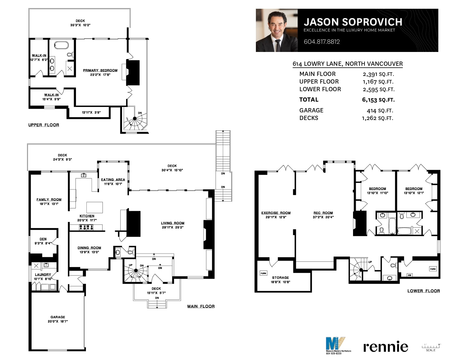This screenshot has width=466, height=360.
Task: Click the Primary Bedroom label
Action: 100,70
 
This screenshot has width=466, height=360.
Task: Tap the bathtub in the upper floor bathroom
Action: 61,45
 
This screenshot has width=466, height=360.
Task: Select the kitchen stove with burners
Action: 86,227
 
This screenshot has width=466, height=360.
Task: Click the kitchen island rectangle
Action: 95,207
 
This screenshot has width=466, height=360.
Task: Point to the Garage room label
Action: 58,317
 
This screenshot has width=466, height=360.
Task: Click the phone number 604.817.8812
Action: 322,42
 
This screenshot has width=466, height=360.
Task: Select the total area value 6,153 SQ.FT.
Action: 378,100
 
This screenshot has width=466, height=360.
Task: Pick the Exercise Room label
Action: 276,213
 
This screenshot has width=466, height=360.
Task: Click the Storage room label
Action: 280,278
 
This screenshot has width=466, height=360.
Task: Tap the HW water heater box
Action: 410,275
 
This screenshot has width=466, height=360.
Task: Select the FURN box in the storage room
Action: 264,273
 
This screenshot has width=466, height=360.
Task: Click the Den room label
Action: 43,239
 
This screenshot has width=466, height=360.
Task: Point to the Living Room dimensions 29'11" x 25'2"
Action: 173,227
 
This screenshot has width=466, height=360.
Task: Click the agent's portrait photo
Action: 277,30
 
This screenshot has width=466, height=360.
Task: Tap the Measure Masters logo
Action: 338,345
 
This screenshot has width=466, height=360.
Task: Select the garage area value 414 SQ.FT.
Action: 380,111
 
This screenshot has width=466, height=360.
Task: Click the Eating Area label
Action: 113,180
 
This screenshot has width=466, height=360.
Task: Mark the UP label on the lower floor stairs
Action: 370,262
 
